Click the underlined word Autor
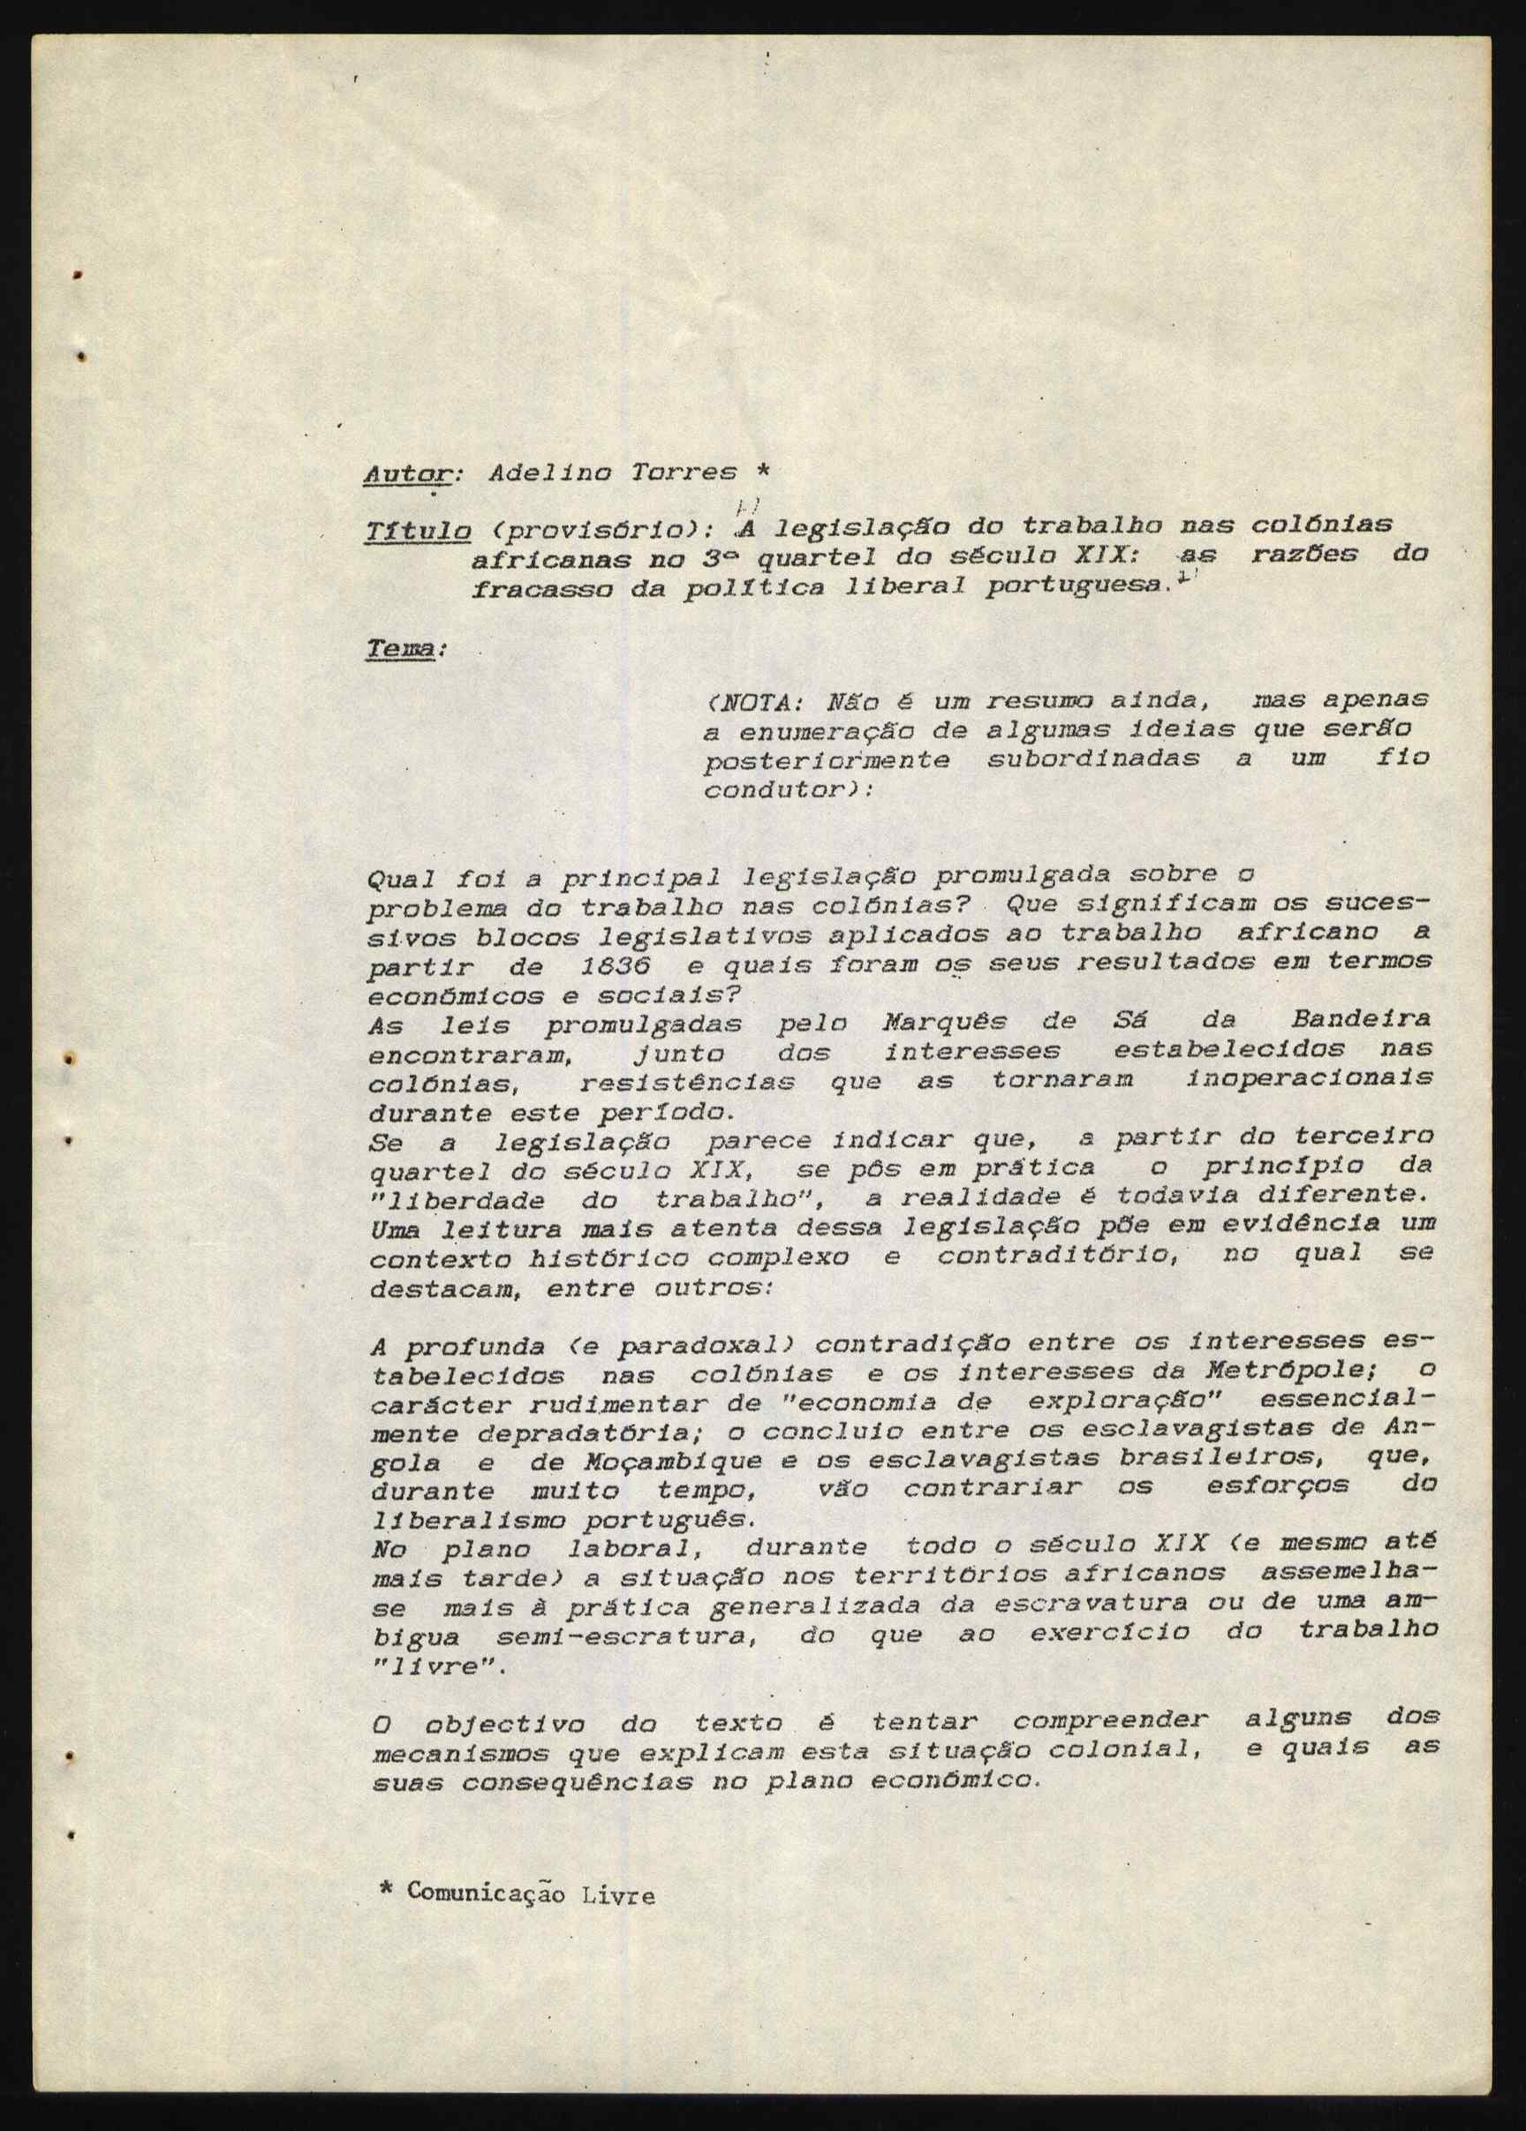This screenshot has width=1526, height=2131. click(408, 472)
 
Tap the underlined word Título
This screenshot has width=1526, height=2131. click(417, 531)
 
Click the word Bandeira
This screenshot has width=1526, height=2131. click(1361, 1019)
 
